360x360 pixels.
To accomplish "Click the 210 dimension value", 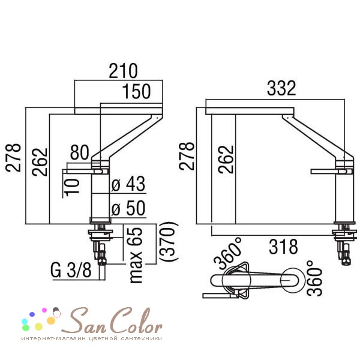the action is pyautogui.click(x=123, y=71).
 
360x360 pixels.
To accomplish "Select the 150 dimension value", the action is pyautogui.click(x=136, y=91).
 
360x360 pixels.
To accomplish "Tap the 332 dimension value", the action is pyautogui.click(x=281, y=88).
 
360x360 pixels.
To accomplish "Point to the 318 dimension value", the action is pyautogui.click(x=283, y=247).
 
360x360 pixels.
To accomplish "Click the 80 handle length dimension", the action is pyautogui.click(x=79, y=152).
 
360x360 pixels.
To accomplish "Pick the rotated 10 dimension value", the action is pyautogui.click(x=71, y=187).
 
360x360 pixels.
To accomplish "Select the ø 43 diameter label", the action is pyautogui.click(x=128, y=184).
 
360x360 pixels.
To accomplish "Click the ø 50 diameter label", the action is pyautogui.click(x=128, y=208).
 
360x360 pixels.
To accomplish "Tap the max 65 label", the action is pyautogui.click(x=136, y=255).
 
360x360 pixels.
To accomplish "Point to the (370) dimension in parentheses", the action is pyautogui.click(x=169, y=241).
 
